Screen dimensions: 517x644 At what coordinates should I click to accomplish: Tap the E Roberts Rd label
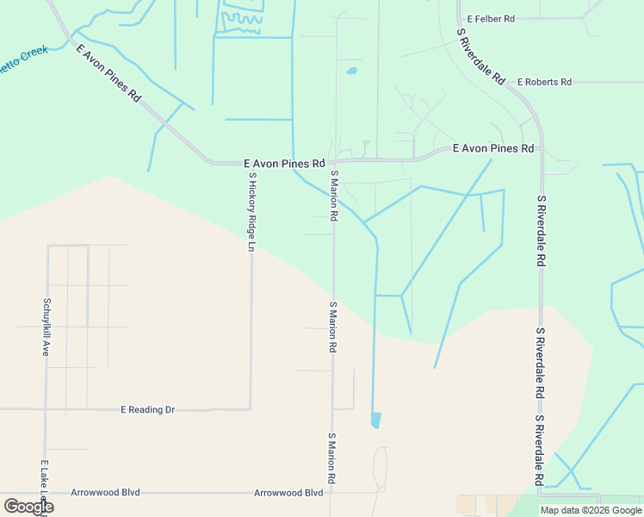pyautogui.click(x=544, y=82)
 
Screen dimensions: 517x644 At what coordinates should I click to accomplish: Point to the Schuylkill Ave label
pyautogui.click(x=46, y=327)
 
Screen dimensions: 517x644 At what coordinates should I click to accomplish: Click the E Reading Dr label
pyautogui.click(x=147, y=409)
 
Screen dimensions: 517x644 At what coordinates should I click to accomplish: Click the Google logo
pyautogui.click(x=28, y=507)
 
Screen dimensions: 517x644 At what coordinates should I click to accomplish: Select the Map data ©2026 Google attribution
pyautogui.click(x=591, y=510)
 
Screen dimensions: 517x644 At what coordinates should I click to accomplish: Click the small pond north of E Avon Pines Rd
pyautogui.click(x=351, y=71)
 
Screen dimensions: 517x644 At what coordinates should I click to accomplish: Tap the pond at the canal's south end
pyautogui.click(x=375, y=420)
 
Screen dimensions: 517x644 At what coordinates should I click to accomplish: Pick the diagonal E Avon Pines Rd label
pyautogui.click(x=108, y=73)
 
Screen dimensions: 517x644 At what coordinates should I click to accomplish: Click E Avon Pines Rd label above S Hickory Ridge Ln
pyautogui.click(x=284, y=162)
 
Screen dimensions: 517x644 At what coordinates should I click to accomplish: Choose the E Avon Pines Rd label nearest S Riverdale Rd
pyautogui.click(x=493, y=148)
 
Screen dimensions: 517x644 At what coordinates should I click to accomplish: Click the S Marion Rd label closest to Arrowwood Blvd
pyautogui.click(x=331, y=458)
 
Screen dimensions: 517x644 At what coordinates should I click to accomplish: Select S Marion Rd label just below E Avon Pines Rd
pyautogui.click(x=334, y=196)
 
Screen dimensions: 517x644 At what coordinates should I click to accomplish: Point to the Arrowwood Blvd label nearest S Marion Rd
pyautogui.click(x=288, y=493)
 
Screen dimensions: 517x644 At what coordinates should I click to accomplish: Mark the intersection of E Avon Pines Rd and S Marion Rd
pyautogui.click(x=334, y=161)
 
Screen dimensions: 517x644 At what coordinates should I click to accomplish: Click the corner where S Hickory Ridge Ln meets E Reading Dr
pyautogui.click(x=251, y=409)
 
